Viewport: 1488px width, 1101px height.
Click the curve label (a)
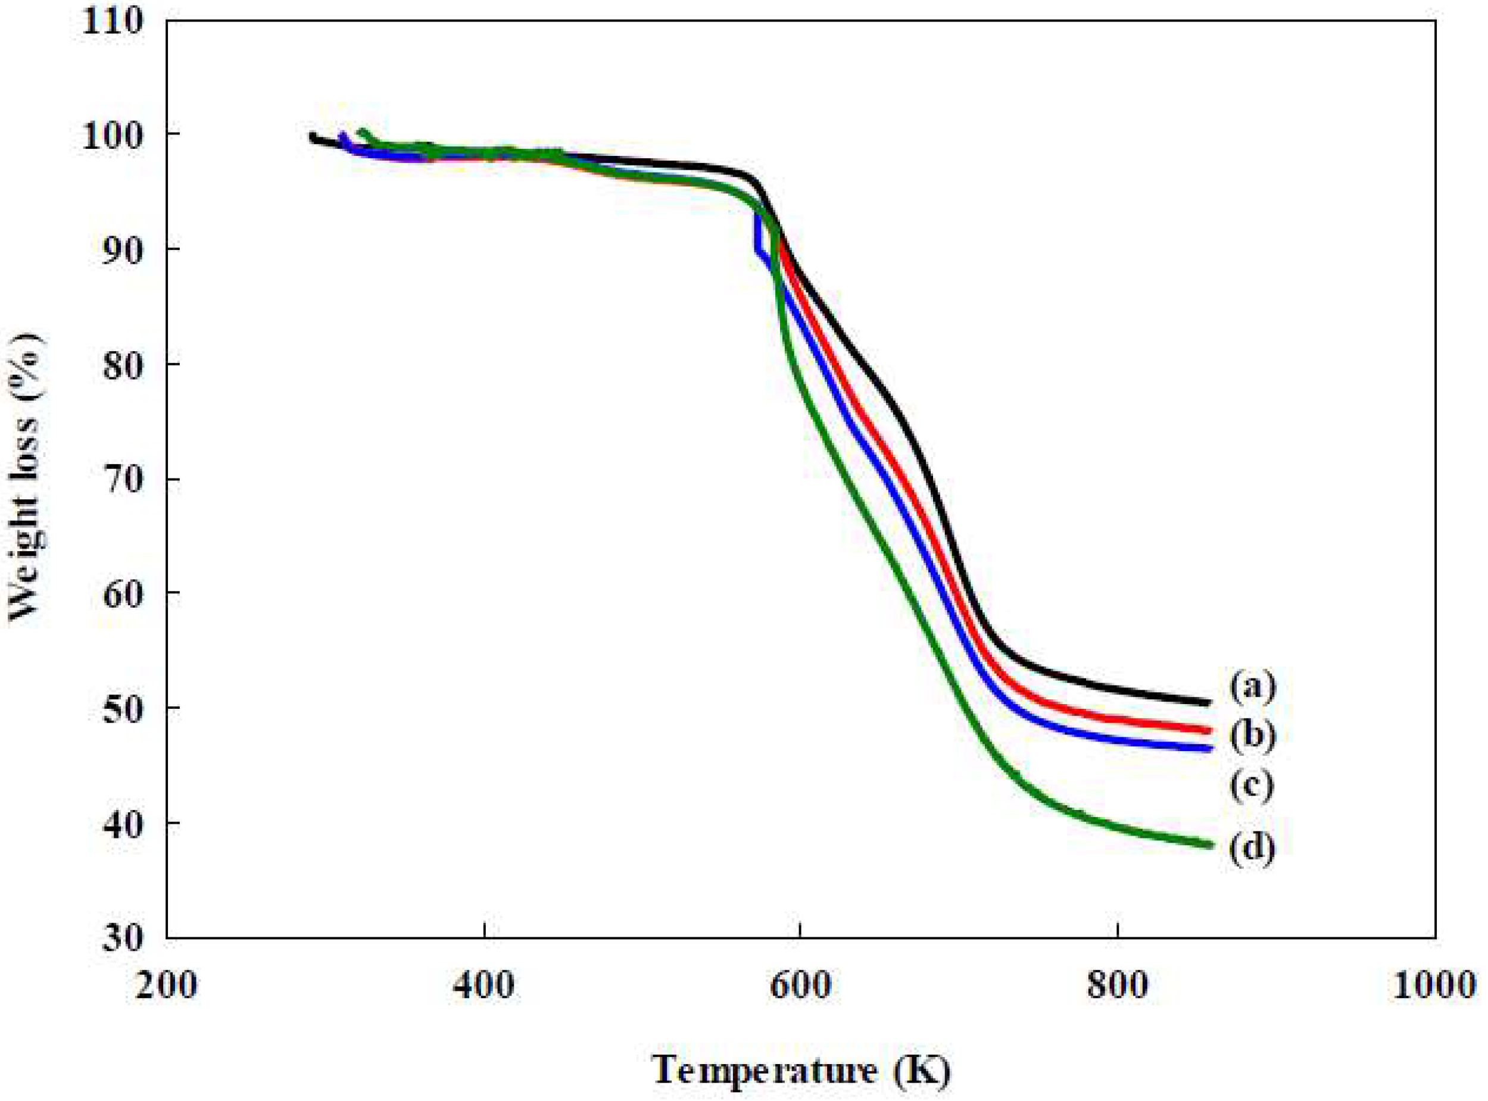[x=1253, y=688]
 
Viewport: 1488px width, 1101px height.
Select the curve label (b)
[x=1253, y=736]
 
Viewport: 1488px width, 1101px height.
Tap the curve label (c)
[x=1253, y=786]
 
